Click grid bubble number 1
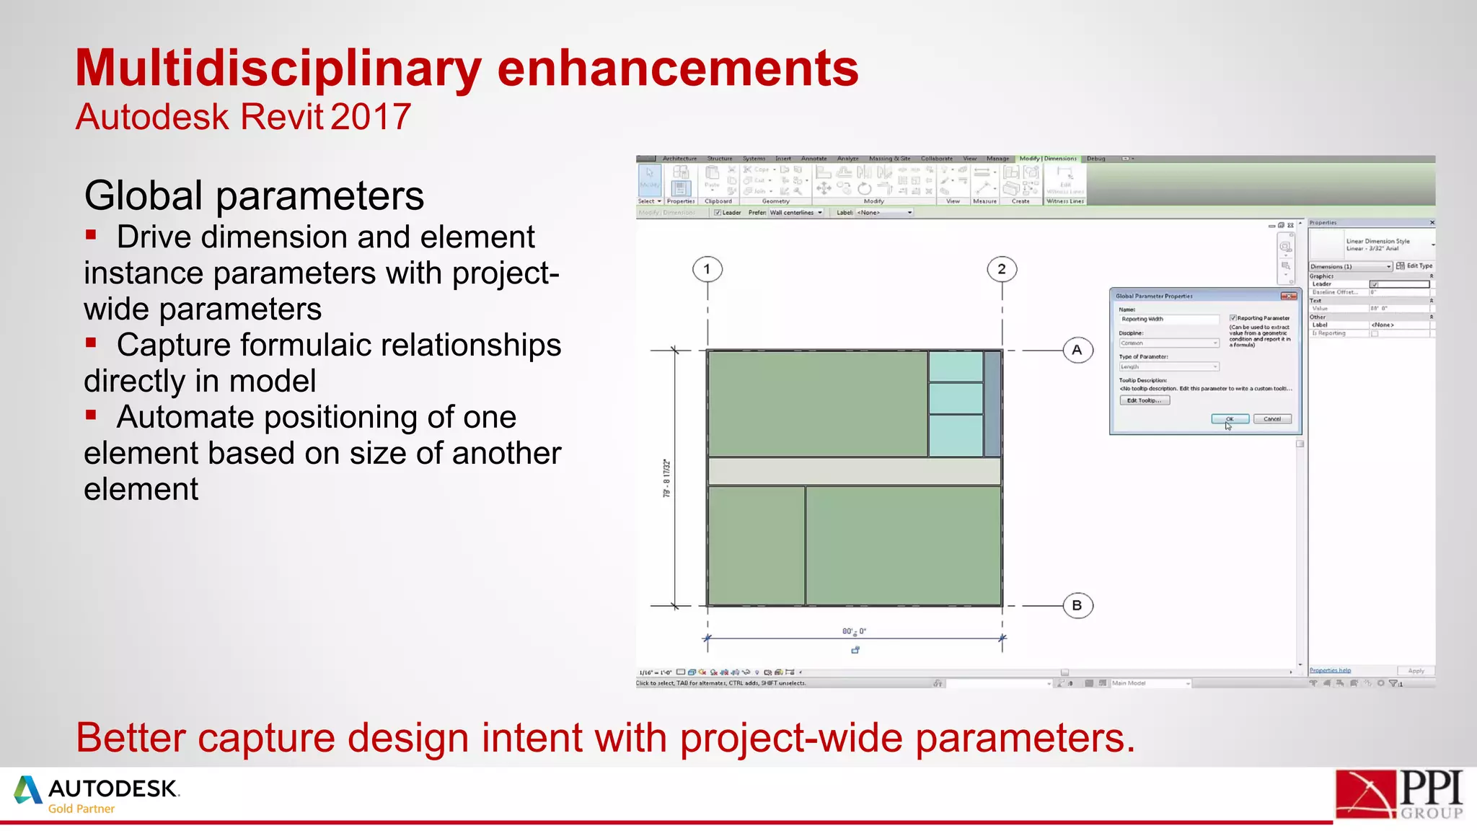tap(707, 269)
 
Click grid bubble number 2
tap(1002, 269)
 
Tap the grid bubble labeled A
tap(1077, 351)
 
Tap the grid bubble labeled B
tap(1077, 605)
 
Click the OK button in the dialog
tap(1230, 419)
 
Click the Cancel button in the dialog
tap(1272, 419)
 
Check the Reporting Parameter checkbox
tap(1233, 318)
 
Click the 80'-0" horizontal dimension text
tap(854, 631)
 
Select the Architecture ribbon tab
tap(679, 159)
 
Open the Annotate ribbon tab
tap(814, 159)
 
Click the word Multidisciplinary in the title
tap(278, 69)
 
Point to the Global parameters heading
tap(254, 195)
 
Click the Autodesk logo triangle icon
tap(27, 790)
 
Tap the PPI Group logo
tap(1398, 794)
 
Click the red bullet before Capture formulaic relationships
tap(91, 343)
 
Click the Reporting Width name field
tap(1168, 319)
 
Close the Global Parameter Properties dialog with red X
tap(1288, 296)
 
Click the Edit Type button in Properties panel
tap(1414, 266)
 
